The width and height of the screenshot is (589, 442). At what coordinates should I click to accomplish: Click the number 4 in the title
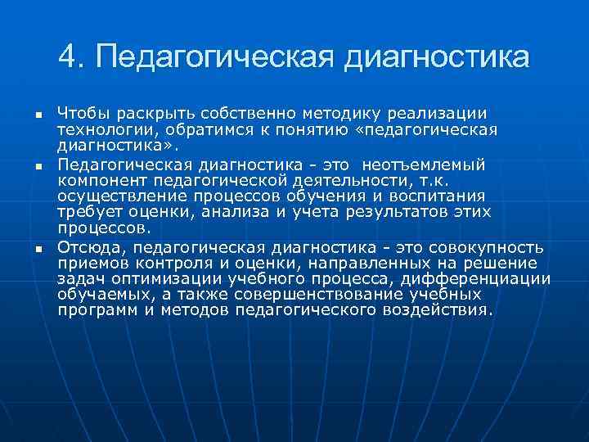(x=69, y=57)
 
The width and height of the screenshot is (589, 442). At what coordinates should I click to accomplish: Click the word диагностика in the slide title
(x=439, y=59)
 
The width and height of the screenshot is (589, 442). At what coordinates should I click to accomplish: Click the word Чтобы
(x=83, y=111)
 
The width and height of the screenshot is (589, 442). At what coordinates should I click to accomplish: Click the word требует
(x=88, y=212)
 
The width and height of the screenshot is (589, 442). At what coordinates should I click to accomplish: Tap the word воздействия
(x=437, y=310)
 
